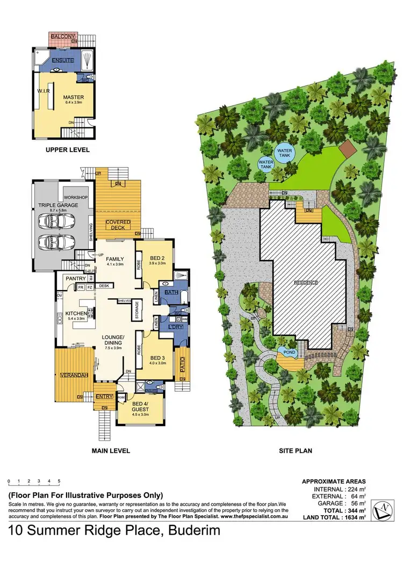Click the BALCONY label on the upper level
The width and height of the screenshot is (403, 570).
pyautogui.click(x=62, y=36)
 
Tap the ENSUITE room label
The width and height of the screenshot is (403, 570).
pyautogui.click(x=63, y=61)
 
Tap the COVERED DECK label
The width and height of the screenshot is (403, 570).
pyautogui.click(x=118, y=225)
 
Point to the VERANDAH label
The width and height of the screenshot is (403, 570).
pyautogui.click(x=74, y=374)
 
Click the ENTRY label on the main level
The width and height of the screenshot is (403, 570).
pyautogui.click(x=105, y=396)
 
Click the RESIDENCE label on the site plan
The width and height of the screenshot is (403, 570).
pyautogui.click(x=306, y=283)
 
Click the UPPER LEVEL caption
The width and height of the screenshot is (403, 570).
pyautogui.click(x=68, y=150)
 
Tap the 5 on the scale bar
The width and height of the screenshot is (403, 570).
pyautogui.click(x=59, y=481)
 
